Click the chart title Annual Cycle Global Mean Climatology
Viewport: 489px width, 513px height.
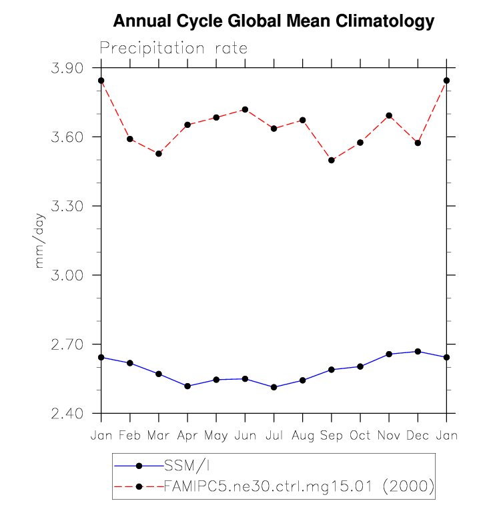pyautogui.click(x=274, y=21)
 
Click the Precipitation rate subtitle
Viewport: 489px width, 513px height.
pyautogui.click(x=173, y=48)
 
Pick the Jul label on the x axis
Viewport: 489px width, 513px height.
pyautogui.click(x=274, y=436)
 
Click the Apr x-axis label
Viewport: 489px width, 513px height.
pyautogui.click(x=187, y=436)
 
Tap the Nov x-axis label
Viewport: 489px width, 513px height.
pyautogui.click(x=389, y=436)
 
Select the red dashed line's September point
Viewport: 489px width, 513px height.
pyautogui.click(x=332, y=160)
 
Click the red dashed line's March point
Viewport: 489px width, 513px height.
pyautogui.click(x=159, y=154)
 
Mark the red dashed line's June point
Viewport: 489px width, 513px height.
pyautogui.click(x=245, y=109)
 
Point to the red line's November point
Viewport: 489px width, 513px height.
pyautogui.click(x=389, y=115)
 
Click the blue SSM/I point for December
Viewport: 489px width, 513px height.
pyautogui.click(x=418, y=351)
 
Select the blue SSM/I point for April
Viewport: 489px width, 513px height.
pyautogui.click(x=187, y=386)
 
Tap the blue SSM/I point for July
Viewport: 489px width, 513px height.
pyautogui.click(x=274, y=387)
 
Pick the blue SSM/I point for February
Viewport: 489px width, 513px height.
pyautogui.click(x=130, y=362)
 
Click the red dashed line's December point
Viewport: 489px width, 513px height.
pyautogui.click(x=418, y=143)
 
